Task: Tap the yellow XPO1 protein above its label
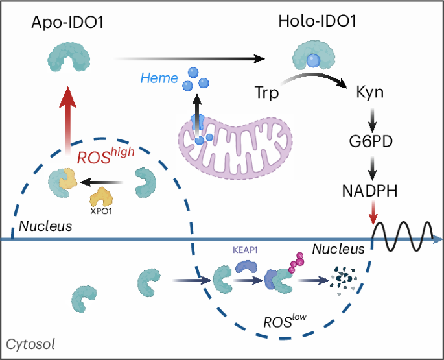[102, 195]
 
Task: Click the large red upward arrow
[65, 123]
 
